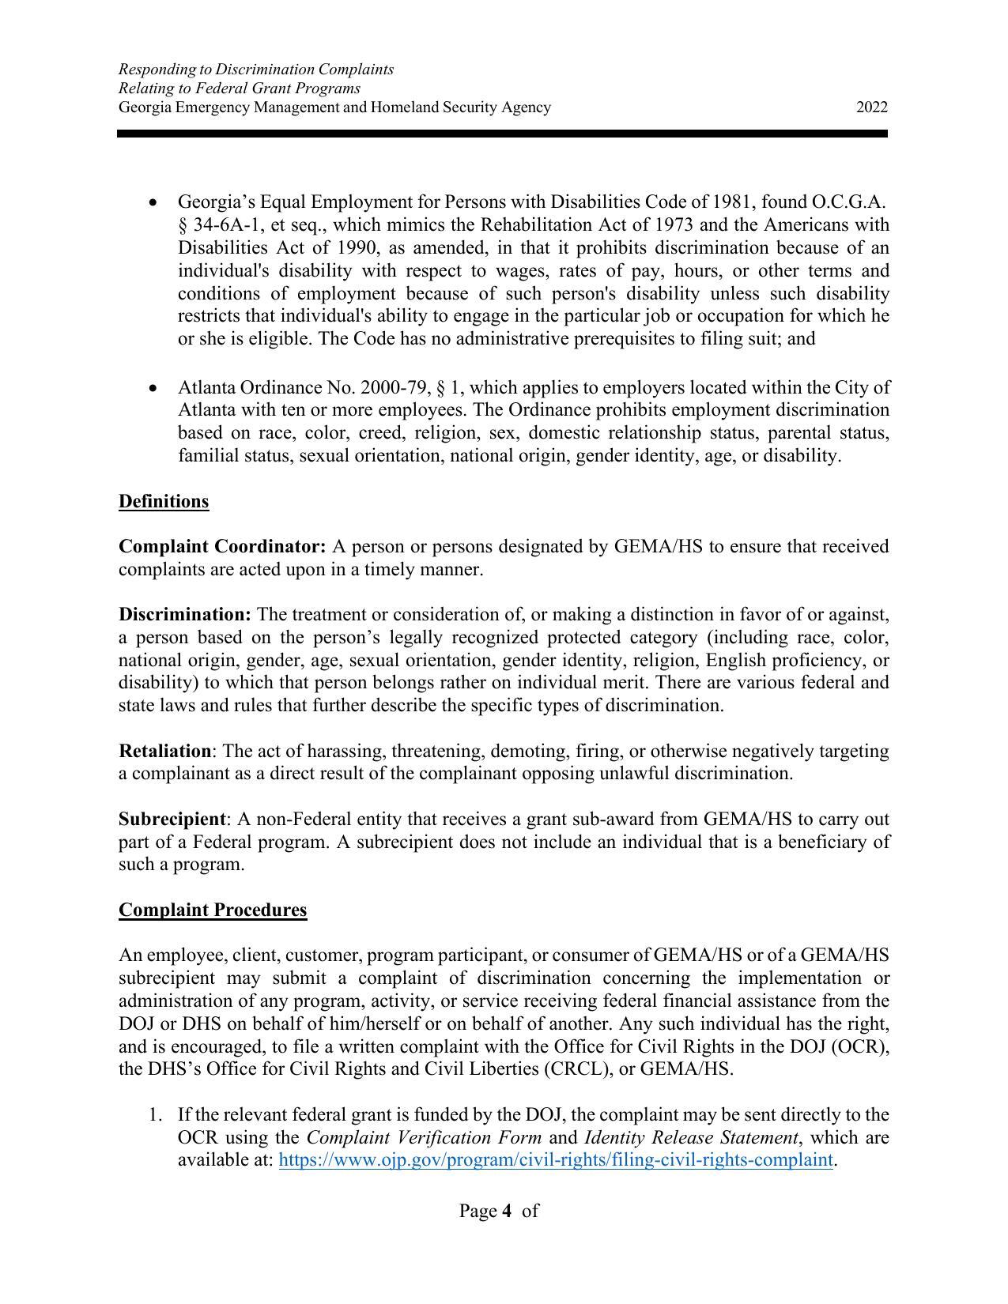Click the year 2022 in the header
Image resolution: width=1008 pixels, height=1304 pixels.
pyautogui.click(x=871, y=107)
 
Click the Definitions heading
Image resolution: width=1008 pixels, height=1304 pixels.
pyautogui.click(x=164, y=502)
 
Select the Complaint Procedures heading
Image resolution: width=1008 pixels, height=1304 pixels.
pyautogui.click(x=213, y=910)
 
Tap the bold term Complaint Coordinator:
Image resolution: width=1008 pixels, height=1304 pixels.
pyautogui.click(x=222, y=547)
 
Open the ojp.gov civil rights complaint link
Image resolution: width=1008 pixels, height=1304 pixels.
pyautogui.click(x=556, y=1160)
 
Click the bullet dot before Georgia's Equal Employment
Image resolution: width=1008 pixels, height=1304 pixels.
pyautogui.click(x=154, y=203)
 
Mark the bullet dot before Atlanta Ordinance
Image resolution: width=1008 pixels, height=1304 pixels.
pyautogui.click(x=154, y=388)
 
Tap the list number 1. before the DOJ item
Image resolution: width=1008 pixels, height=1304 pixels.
pyautogui.click(x=155, y=1115)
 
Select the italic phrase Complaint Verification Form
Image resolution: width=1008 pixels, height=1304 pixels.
pyautogui.click(x=424, y=1138)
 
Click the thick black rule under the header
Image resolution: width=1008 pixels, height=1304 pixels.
pyautogui.click(x=503, y=134)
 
